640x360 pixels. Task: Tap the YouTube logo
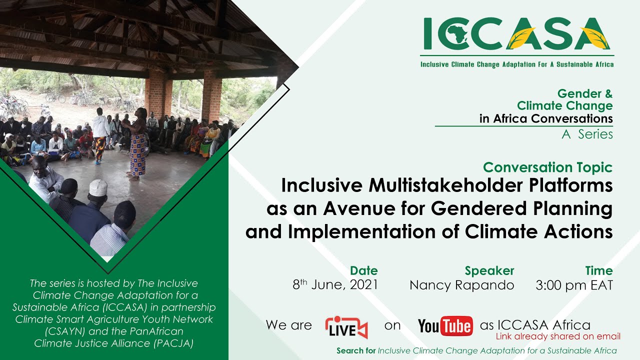[445, 325]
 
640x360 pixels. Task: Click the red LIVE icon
[346, 327]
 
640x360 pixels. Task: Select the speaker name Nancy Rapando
[461, 285]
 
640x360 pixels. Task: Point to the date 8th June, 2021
[335, 284]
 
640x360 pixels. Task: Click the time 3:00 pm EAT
[574, 285]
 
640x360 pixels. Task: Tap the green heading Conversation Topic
[547, 167]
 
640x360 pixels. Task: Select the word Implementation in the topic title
[361, 231]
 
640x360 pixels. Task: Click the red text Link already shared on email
[558, 336]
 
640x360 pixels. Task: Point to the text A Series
[587, 134]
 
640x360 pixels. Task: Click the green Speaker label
[489, 270]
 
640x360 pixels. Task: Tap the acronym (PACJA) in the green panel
[173, 343]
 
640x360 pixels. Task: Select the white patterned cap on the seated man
[98, 187]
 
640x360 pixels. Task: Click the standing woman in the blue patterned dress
[138, 144]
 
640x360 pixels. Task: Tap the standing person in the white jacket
[100, 135]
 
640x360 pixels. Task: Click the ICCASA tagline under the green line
[517, 64]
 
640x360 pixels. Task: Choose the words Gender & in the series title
[585, 93]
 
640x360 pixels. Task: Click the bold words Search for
[356, 350]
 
